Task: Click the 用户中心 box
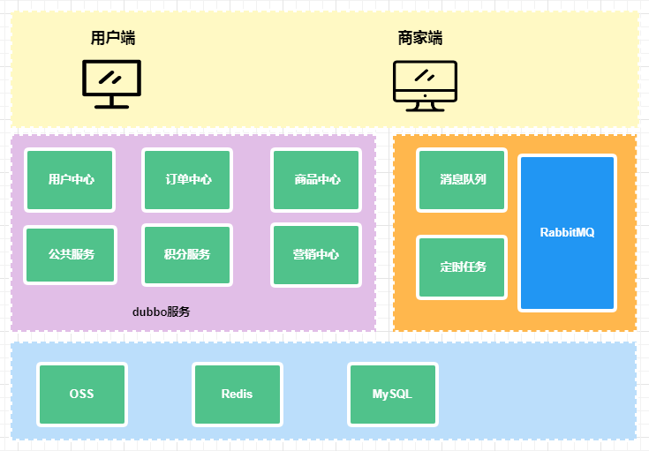(71, 180)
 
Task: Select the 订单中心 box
(188, 180)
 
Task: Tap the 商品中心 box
(316, 180)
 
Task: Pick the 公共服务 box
(71, 255)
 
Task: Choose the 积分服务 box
(187, 255)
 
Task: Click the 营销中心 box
(316, 255)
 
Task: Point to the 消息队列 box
(463, 180)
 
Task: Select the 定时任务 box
(463, 267)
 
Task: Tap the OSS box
(82, 395)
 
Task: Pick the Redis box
(237, 395)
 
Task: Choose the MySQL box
(392, 395)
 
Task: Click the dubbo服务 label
(161, 312)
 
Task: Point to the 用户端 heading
(113, 38)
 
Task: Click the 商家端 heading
(420, 38)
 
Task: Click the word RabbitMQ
(567, 233)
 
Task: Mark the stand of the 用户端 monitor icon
(111, 101)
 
